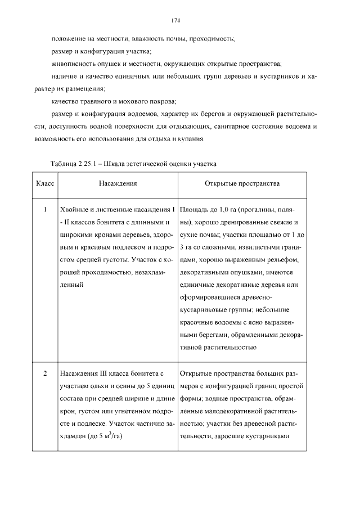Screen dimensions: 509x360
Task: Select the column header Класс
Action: (x=44, y=183)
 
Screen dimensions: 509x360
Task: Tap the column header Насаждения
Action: (x=118, y=183)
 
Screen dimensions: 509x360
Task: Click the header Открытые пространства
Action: (x=242, y=183)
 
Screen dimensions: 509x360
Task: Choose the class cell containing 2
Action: (x=44, y=373)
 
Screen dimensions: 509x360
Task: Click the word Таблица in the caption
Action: (x=63, y=164)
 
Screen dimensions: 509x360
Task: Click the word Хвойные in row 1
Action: (x=73, y=210)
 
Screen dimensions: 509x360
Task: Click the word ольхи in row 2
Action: (x=93, y=387)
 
